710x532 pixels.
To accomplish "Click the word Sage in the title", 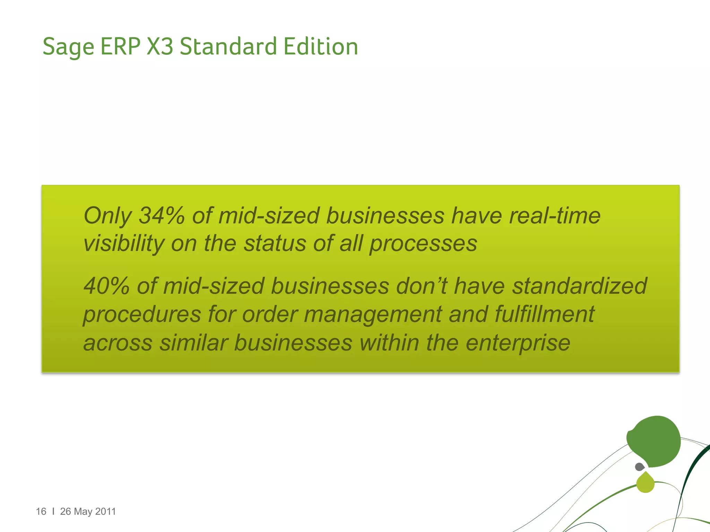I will pyautogui.click(x=68, y=47).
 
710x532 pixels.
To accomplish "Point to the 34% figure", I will pyautogui.click(x=162, y=215).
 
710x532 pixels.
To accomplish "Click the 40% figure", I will pyautogui.click(x=106, y=286).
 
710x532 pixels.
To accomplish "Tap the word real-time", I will pyautogui.click(x=555, y=215).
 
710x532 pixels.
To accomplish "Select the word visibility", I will pyautogui.click(x=124, y=243).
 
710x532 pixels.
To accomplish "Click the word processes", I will pyautogui.click(x=423, y=243).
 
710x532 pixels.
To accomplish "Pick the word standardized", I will pyautogui.click(x=580, y=286).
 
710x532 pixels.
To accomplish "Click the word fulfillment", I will pyautogui.click(x=545, y=314).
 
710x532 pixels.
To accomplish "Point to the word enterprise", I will pyautogui.click(x=518, y=343).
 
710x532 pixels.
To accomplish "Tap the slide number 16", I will pyautogui.click(x=41, y=511).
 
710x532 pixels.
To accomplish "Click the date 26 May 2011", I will pyautogui.click(x=88, y=511).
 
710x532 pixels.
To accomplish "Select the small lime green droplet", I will pyautogui.click(x=645, y=483).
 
